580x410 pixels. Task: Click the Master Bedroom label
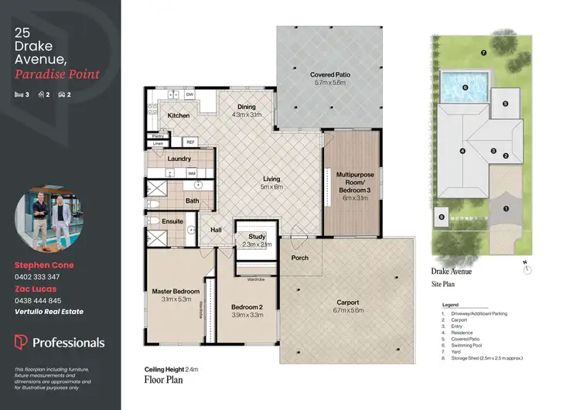coord(176,291)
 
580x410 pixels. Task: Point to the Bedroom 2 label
coord(248,306)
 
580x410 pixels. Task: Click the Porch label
coord(299,258)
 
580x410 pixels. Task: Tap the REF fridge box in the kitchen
coord(190,142)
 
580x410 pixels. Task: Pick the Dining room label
coord(247,107)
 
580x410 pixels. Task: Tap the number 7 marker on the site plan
coord(483,53)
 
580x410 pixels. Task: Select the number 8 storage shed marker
coord(441,217)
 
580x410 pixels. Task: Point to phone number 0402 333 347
coord(38,276)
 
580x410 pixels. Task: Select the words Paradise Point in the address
coord(56,74)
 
